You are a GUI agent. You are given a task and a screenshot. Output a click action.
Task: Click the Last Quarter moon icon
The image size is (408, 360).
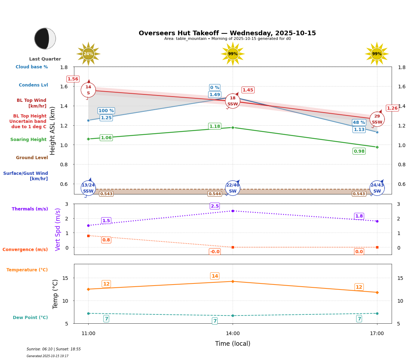tap(45, 38)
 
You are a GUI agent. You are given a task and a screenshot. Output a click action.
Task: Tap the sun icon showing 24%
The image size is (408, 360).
tap(88, 54)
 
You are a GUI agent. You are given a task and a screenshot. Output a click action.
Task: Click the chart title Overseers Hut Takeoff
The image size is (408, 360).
tap(227, 33)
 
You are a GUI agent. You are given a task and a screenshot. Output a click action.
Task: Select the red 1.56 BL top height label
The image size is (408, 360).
tap(73, 79)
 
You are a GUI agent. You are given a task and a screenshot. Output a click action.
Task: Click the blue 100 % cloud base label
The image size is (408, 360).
tap(106, 111)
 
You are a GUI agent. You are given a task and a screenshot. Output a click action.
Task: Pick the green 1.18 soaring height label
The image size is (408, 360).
tap(215, 126)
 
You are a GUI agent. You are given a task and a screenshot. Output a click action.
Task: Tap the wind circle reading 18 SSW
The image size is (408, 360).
tap(233, 101)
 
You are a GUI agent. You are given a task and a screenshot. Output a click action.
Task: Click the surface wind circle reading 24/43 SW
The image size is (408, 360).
tap(377, 188)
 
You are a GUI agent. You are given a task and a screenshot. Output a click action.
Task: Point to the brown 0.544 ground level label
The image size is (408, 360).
tap(215, 194)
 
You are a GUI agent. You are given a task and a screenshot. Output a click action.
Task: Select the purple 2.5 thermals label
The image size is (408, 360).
tap(215, 206)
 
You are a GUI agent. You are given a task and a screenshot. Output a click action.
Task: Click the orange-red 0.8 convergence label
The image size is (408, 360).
tap(106, 240)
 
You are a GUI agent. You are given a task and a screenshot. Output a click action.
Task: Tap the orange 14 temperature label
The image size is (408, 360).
tap(215, 276)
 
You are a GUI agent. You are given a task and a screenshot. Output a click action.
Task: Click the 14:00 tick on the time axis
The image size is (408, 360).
tap(233, 333)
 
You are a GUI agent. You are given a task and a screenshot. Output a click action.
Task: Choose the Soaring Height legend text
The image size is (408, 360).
tap(28, 140)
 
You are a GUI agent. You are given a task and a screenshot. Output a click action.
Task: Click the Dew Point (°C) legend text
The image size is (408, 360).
tap(30, 318)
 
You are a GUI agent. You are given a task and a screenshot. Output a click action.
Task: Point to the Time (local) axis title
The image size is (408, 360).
tap(233, 344)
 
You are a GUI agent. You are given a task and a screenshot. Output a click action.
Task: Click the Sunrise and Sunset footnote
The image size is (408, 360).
tap(54, 349)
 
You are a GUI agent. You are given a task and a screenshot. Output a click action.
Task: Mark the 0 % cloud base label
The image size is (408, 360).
tap(214, 88)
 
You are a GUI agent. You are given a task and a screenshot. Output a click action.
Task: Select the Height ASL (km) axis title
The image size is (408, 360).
tap(53, 131)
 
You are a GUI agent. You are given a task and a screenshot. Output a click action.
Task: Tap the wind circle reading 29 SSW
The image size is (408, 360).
tap(377, 119)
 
